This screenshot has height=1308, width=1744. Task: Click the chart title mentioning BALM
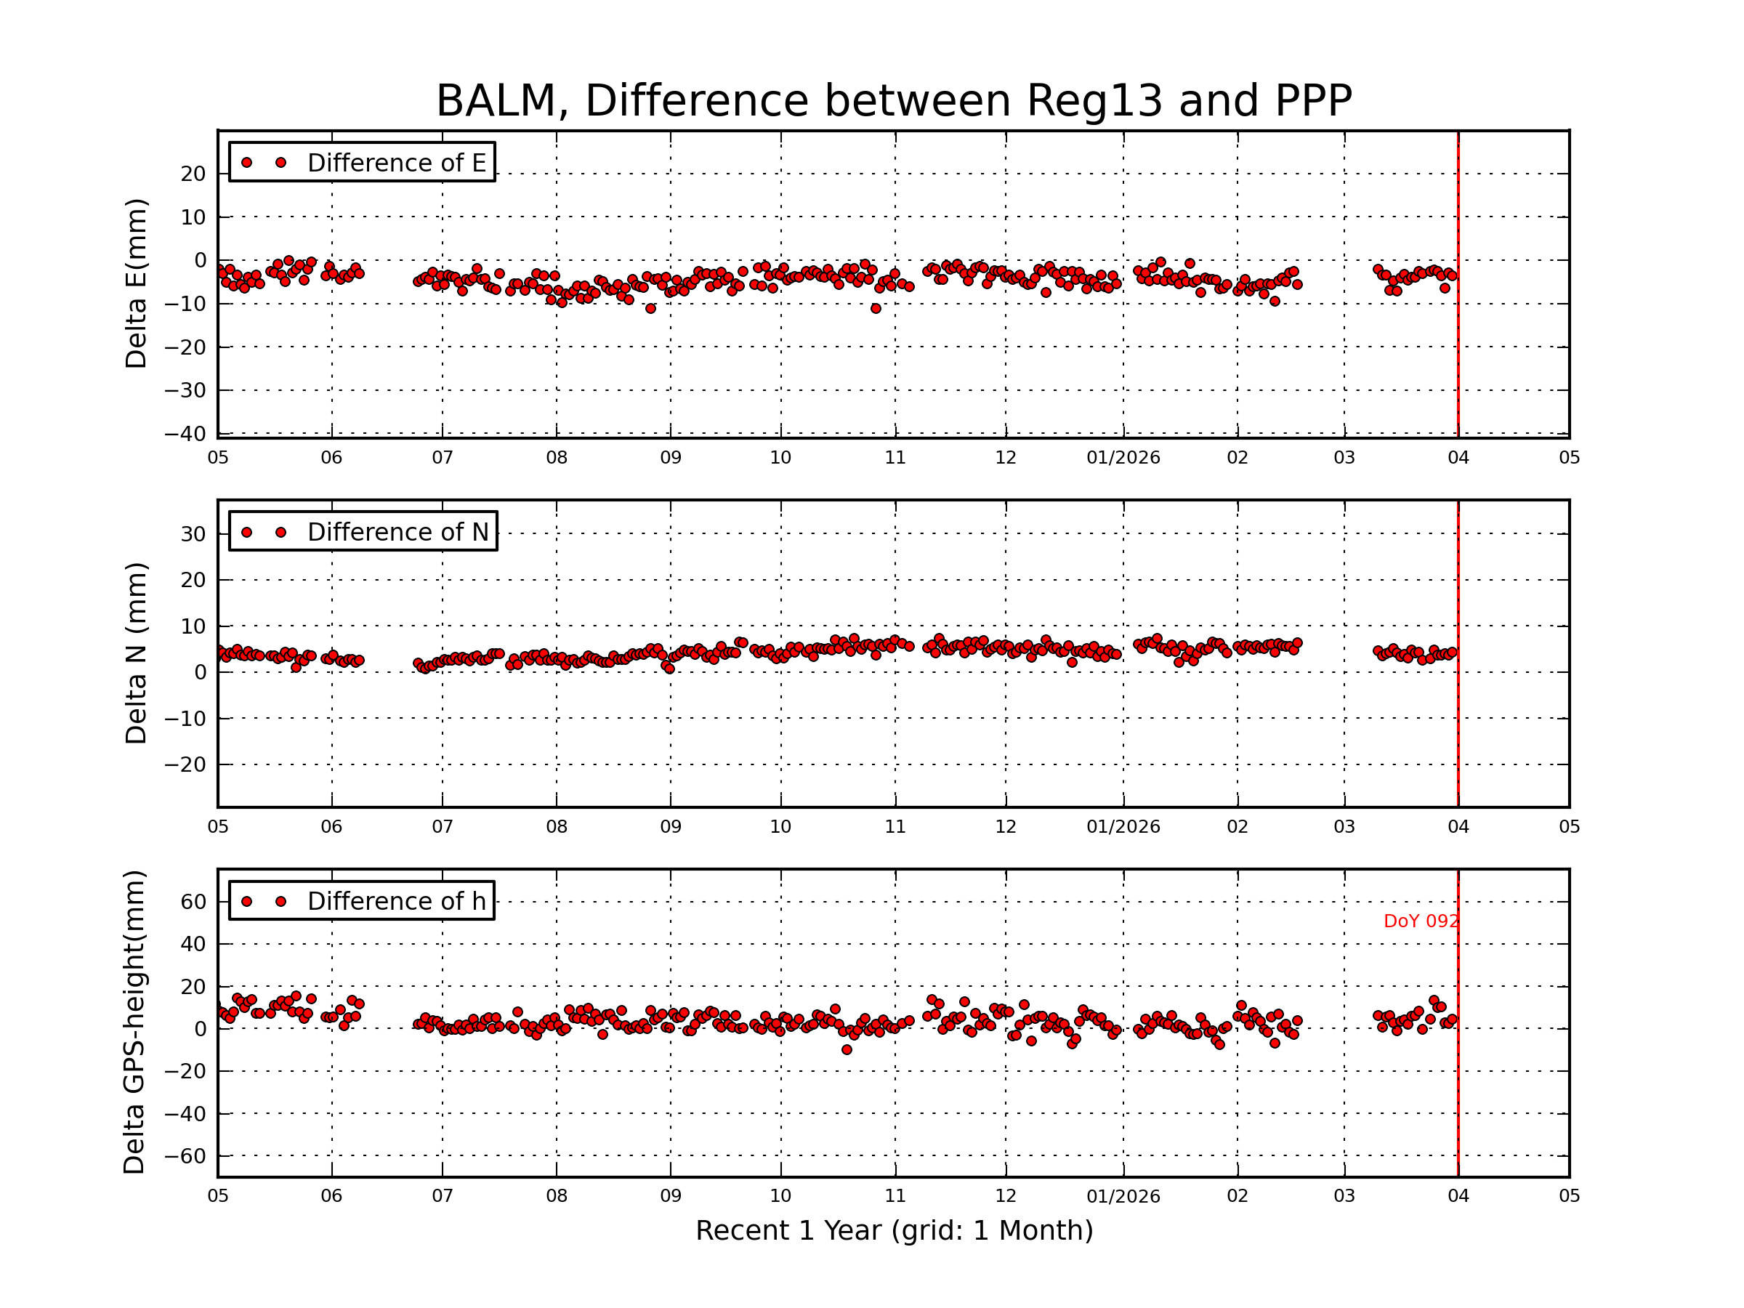coord(893,101)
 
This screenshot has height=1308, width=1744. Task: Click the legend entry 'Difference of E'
coord(396,163)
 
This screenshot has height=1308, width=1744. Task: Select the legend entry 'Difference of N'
coord(397,532)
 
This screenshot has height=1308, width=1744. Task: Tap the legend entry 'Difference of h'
coord(396,901)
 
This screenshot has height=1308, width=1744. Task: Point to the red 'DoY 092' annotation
coord(1421,921)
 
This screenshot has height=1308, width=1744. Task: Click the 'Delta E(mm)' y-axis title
coord(136,284)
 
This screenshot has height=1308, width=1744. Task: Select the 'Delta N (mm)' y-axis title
coord(136,653)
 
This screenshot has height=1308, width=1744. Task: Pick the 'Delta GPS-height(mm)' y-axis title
coord(134,1022)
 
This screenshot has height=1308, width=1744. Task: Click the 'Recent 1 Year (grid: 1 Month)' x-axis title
coord(894,1231)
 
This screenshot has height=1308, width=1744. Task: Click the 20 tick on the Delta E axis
coord(193,174)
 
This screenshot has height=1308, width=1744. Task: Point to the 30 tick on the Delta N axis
coord(193,535)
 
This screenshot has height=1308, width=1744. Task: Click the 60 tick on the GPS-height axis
coord(193,901)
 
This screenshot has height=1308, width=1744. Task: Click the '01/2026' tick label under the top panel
coord(1123,458)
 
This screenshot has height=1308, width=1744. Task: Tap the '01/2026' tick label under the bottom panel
coord(1123,1196)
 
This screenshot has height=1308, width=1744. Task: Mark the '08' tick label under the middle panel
coord(557,827)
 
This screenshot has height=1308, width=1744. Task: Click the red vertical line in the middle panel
coord(1458,709)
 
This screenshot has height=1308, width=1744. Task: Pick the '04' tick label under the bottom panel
coord(1458,1196)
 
